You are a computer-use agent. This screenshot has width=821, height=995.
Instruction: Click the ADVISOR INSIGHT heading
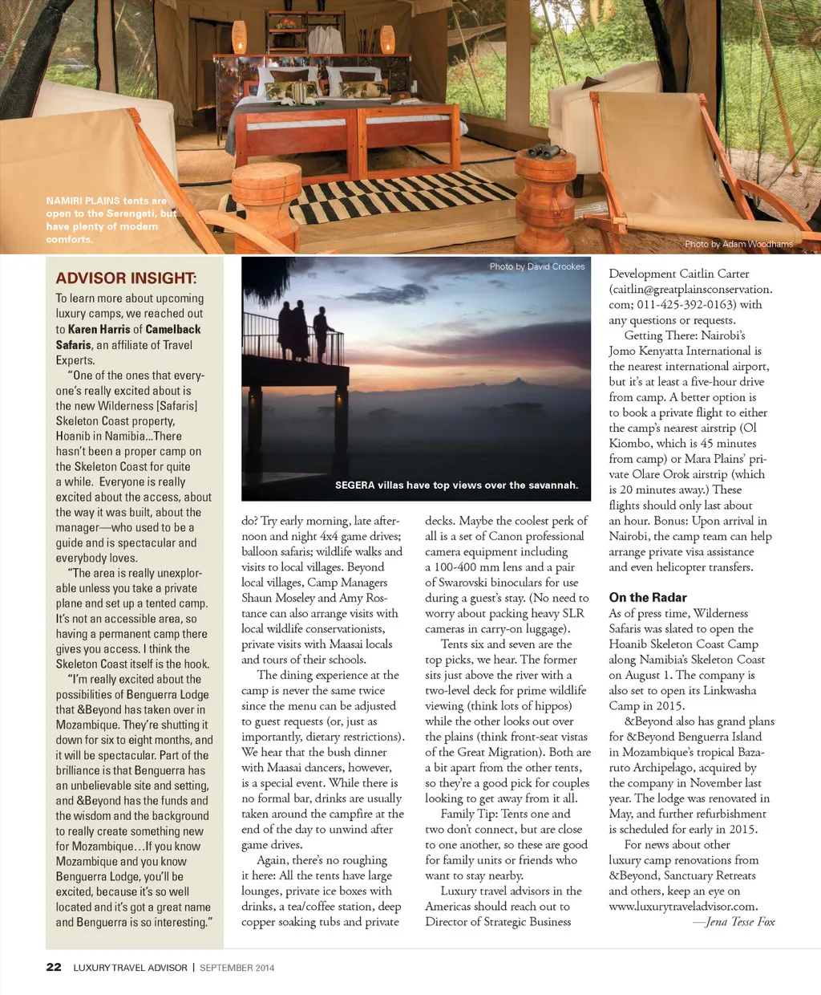[126, 278]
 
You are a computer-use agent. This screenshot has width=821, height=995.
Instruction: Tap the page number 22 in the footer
[54, 967]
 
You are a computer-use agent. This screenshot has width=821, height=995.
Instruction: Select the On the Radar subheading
[648, 597]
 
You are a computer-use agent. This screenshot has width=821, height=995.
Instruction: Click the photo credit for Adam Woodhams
[738, 244]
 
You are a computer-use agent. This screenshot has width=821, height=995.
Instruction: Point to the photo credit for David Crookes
[537, 266]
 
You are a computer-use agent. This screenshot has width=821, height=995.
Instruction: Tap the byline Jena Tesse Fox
[739, 921]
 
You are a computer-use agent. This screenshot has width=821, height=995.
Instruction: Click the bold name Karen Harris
[99, 329]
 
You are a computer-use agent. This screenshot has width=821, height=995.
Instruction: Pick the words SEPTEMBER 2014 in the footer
[237, 968]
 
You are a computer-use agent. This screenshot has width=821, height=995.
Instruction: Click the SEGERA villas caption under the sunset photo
[456, 485]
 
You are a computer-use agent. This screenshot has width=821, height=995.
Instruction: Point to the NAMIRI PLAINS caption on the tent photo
[111, 220]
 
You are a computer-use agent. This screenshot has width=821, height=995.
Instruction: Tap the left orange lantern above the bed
[239, 38]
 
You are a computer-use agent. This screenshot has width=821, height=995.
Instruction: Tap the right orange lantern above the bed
[387, 39]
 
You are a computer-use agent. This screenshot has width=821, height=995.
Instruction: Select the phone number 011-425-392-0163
[689, 304]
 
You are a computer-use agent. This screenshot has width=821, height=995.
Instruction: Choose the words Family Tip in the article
[469, 814]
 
